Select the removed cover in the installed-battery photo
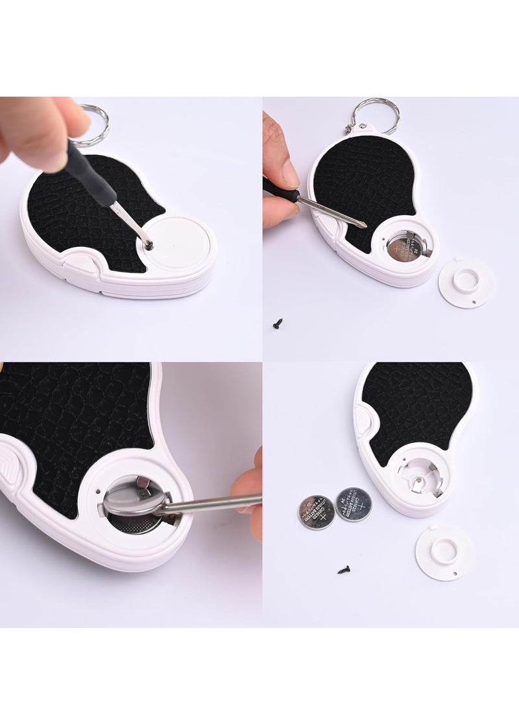tap(465, 283)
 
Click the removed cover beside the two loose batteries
tap(444, 551)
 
